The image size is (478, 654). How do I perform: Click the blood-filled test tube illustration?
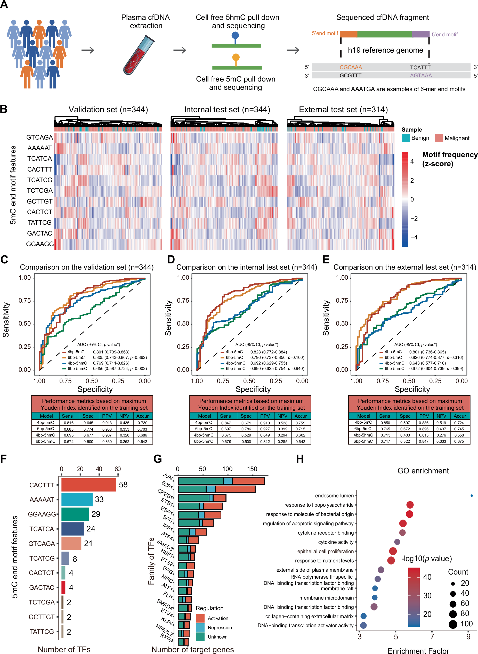(x=138, y=55)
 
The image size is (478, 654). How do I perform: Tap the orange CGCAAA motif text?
(x=350, y=67)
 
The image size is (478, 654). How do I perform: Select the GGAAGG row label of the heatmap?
(x=40, y=244)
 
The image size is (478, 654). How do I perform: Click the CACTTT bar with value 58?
(x=88, y=485)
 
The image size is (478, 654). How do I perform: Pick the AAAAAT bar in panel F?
(x=77, y=499)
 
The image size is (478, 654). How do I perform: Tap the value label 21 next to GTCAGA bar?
(x=88, y=544)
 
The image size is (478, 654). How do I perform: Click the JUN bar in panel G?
(x=221, y=481)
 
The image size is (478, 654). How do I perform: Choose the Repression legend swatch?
(x=200, y=627)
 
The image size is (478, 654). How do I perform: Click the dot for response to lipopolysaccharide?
(x=410, y=505)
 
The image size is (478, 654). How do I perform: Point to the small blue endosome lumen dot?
(x=472, y=496)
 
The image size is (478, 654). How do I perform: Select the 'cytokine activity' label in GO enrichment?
(x=336, y=542)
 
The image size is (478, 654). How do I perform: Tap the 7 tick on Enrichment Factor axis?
(x=432, y=637)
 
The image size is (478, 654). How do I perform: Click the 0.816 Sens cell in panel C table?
(x=69, y=423)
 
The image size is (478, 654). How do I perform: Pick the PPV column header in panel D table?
(x=265, y=416)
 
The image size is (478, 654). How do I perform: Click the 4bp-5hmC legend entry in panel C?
(x=77, y=363)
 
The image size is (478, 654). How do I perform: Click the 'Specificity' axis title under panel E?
(x=412, y=389)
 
